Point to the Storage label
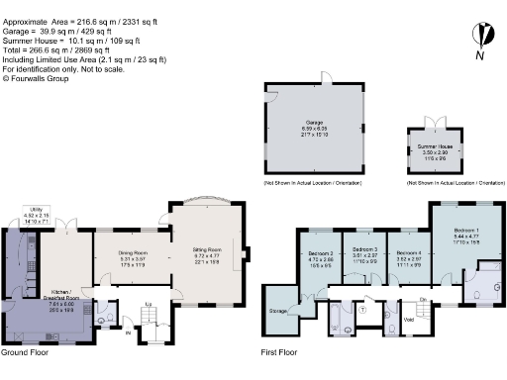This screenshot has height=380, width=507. click(278, 312)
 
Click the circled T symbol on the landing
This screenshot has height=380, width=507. click(362, 309)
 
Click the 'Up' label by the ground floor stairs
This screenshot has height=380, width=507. click(149, 303)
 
